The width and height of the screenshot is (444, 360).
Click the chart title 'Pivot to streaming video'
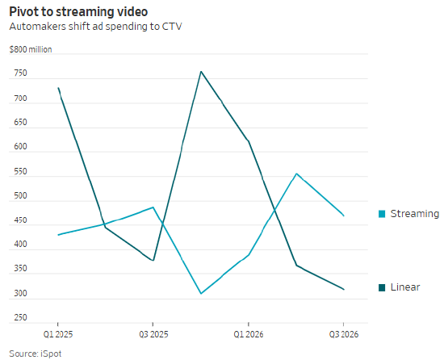78,12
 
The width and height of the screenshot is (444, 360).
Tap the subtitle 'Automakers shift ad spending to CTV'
95,27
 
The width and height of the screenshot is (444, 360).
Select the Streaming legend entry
409,214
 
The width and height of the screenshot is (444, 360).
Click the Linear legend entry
400,287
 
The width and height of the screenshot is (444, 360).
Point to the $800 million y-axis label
31,49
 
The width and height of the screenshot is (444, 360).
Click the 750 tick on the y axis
20,73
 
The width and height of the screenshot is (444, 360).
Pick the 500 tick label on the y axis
20,195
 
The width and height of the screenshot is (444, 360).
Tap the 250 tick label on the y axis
20,317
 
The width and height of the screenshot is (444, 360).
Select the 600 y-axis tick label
20,146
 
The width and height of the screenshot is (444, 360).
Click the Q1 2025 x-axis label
58,334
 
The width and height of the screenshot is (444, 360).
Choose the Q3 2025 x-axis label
153,334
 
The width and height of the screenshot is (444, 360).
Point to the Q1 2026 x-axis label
249,334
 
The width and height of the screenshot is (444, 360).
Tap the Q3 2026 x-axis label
344,334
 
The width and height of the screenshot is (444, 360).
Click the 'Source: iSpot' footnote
35,354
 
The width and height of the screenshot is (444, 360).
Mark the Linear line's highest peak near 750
201,71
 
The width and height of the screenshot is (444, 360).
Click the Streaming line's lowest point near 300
201,294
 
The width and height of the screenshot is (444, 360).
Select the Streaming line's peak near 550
296,174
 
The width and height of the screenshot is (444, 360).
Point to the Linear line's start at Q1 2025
58,88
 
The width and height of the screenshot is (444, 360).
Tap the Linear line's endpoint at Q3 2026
344,289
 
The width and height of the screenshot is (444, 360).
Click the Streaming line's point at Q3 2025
153,207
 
